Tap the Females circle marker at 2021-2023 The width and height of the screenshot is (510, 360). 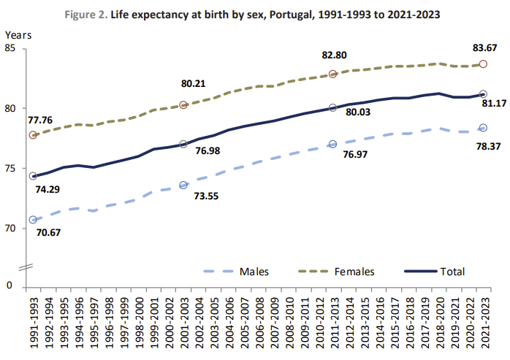(483, 64)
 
